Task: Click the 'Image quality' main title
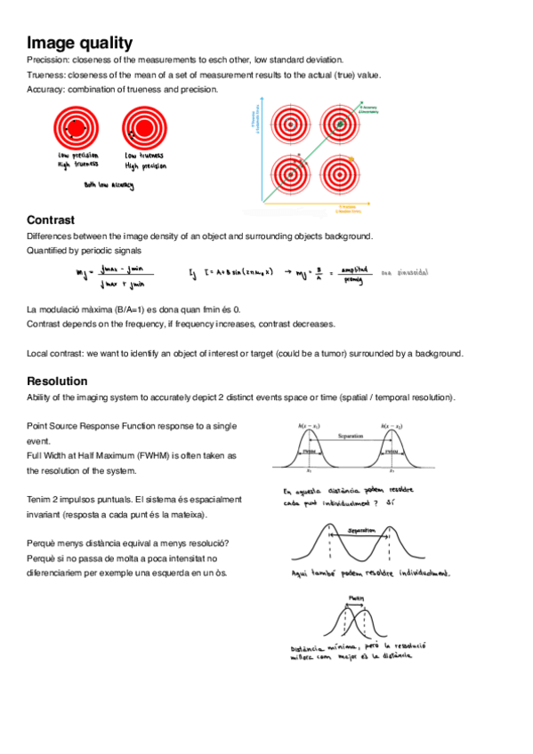click(x=80, y=43)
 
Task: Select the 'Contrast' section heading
click(x=51, y=220)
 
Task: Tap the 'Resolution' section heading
click(x=57, y=381)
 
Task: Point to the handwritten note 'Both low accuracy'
click(x=109, y=185)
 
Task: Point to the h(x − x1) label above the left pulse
click(x=310, y=426)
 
